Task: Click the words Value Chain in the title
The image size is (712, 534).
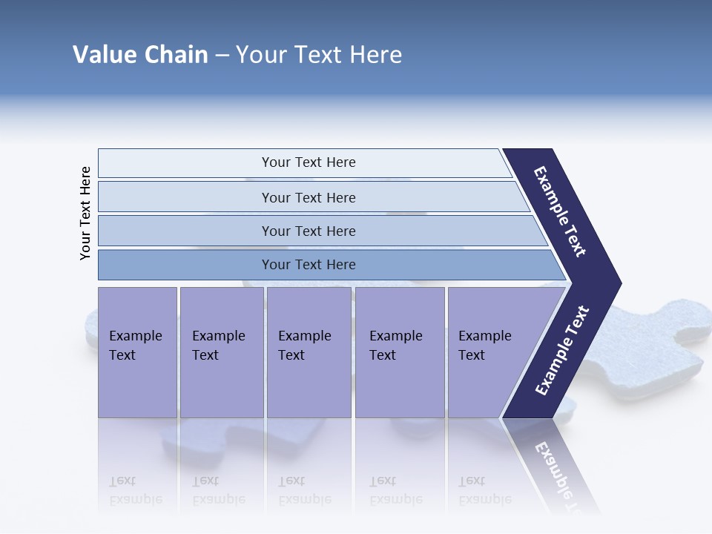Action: coord(140,55)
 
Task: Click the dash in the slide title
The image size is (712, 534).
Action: coord(222,55)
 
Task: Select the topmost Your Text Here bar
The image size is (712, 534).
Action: coord(308,162)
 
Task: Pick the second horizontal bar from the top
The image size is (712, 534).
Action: coord(308,197)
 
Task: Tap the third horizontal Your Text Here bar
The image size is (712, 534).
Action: coord(308,231)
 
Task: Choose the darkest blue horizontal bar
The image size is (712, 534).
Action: coord(308,265)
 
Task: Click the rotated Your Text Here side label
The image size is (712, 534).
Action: coord(85,214)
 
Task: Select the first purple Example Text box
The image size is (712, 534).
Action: coord(137,352)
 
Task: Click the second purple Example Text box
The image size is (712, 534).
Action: coord(221,352)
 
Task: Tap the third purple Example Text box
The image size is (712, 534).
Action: coord(308,352)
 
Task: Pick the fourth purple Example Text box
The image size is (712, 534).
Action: coord(399,352)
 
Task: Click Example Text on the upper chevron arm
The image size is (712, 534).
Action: coord(560,211)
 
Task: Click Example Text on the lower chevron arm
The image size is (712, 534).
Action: coord(562,350)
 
